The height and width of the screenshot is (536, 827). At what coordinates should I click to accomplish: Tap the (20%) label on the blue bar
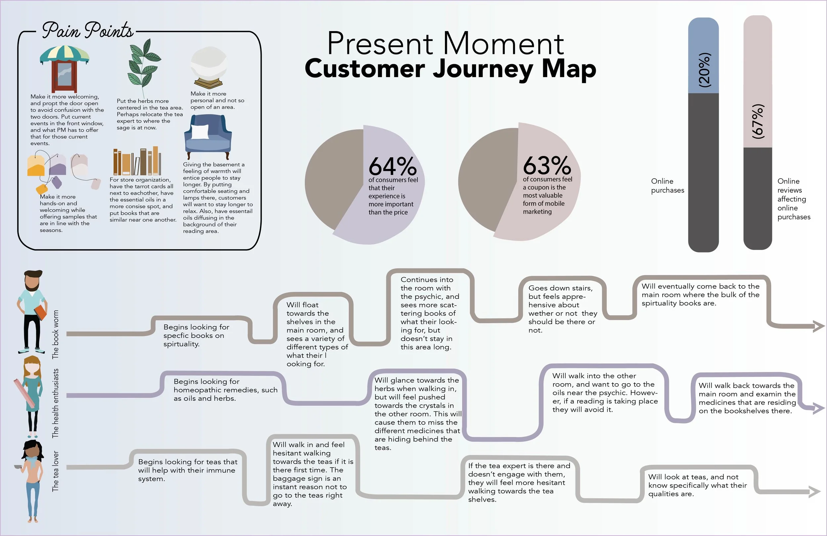point(704,70)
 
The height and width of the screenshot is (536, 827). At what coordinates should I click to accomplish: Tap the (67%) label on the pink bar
point(758,122)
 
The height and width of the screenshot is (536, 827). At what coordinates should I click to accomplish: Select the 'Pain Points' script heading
point(88,30)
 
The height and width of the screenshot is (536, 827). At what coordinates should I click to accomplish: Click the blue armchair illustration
point(208,136)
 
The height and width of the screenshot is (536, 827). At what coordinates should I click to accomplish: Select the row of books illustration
point(137,162)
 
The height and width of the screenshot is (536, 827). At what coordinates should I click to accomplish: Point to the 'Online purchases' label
point(667,186)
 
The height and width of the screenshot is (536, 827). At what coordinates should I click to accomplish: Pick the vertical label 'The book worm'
point(56,334)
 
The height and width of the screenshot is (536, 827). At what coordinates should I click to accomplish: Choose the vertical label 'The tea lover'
point(56,471)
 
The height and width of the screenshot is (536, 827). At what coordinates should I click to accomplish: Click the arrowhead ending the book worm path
point(819,326)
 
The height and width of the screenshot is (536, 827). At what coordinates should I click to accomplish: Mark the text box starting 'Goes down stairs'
point(562,309)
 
